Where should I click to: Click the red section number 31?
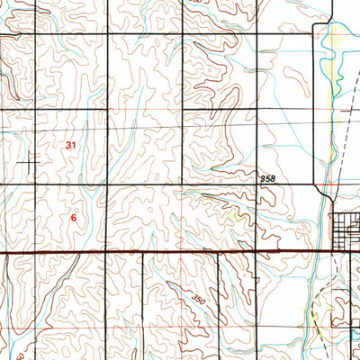tap(71, 144)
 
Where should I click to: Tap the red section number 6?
tap(74, 217)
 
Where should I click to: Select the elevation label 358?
tap(267, 180)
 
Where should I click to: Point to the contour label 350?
tap(199, 297)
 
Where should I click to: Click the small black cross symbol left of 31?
tap(34, 162)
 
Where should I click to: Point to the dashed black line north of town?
tap(340, 153)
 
